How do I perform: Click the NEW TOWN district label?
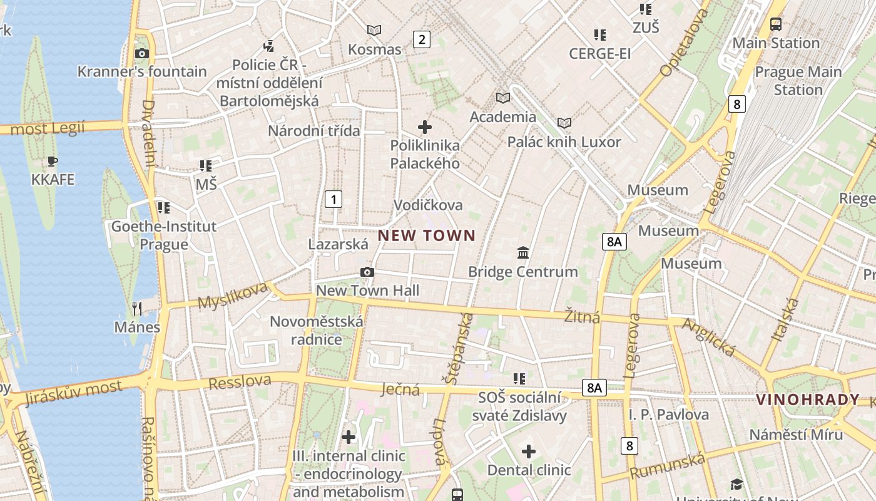427,236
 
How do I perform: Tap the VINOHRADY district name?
808,400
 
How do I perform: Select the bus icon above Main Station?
776,24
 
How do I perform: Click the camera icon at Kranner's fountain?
142,53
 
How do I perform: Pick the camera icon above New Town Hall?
367,272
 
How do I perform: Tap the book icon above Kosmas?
374,30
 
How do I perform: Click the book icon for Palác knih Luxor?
564,123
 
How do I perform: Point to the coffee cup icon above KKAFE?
53,162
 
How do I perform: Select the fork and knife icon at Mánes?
137,308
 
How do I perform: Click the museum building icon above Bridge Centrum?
523,252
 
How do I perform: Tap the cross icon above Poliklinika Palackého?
425,127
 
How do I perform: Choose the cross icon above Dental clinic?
529,451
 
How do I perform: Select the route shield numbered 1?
334,200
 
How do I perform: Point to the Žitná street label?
582,316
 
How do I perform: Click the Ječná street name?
400,390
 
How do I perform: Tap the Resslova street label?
240,381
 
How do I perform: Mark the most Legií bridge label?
48,129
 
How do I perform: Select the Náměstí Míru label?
796,435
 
